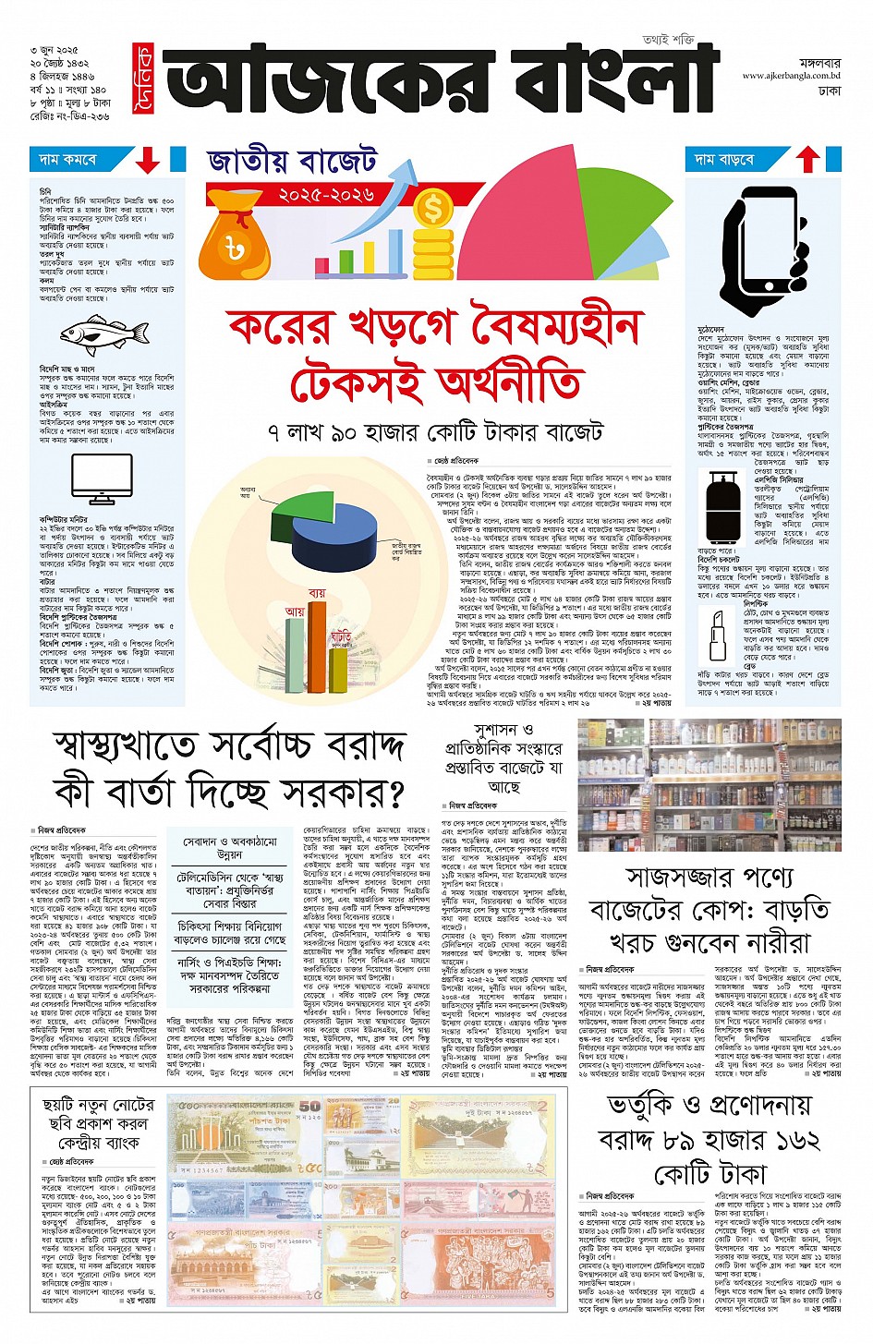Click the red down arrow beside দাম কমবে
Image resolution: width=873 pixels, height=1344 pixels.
pos(148,161)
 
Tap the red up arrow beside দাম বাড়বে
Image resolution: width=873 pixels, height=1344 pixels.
pos(807,160)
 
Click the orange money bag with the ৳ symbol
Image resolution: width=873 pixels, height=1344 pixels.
pos(235,236)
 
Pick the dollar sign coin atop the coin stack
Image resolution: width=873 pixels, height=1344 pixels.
pos(431,209)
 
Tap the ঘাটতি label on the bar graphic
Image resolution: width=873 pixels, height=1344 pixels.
pos(340,636)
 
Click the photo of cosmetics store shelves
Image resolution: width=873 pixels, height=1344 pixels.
pos(709,785)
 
